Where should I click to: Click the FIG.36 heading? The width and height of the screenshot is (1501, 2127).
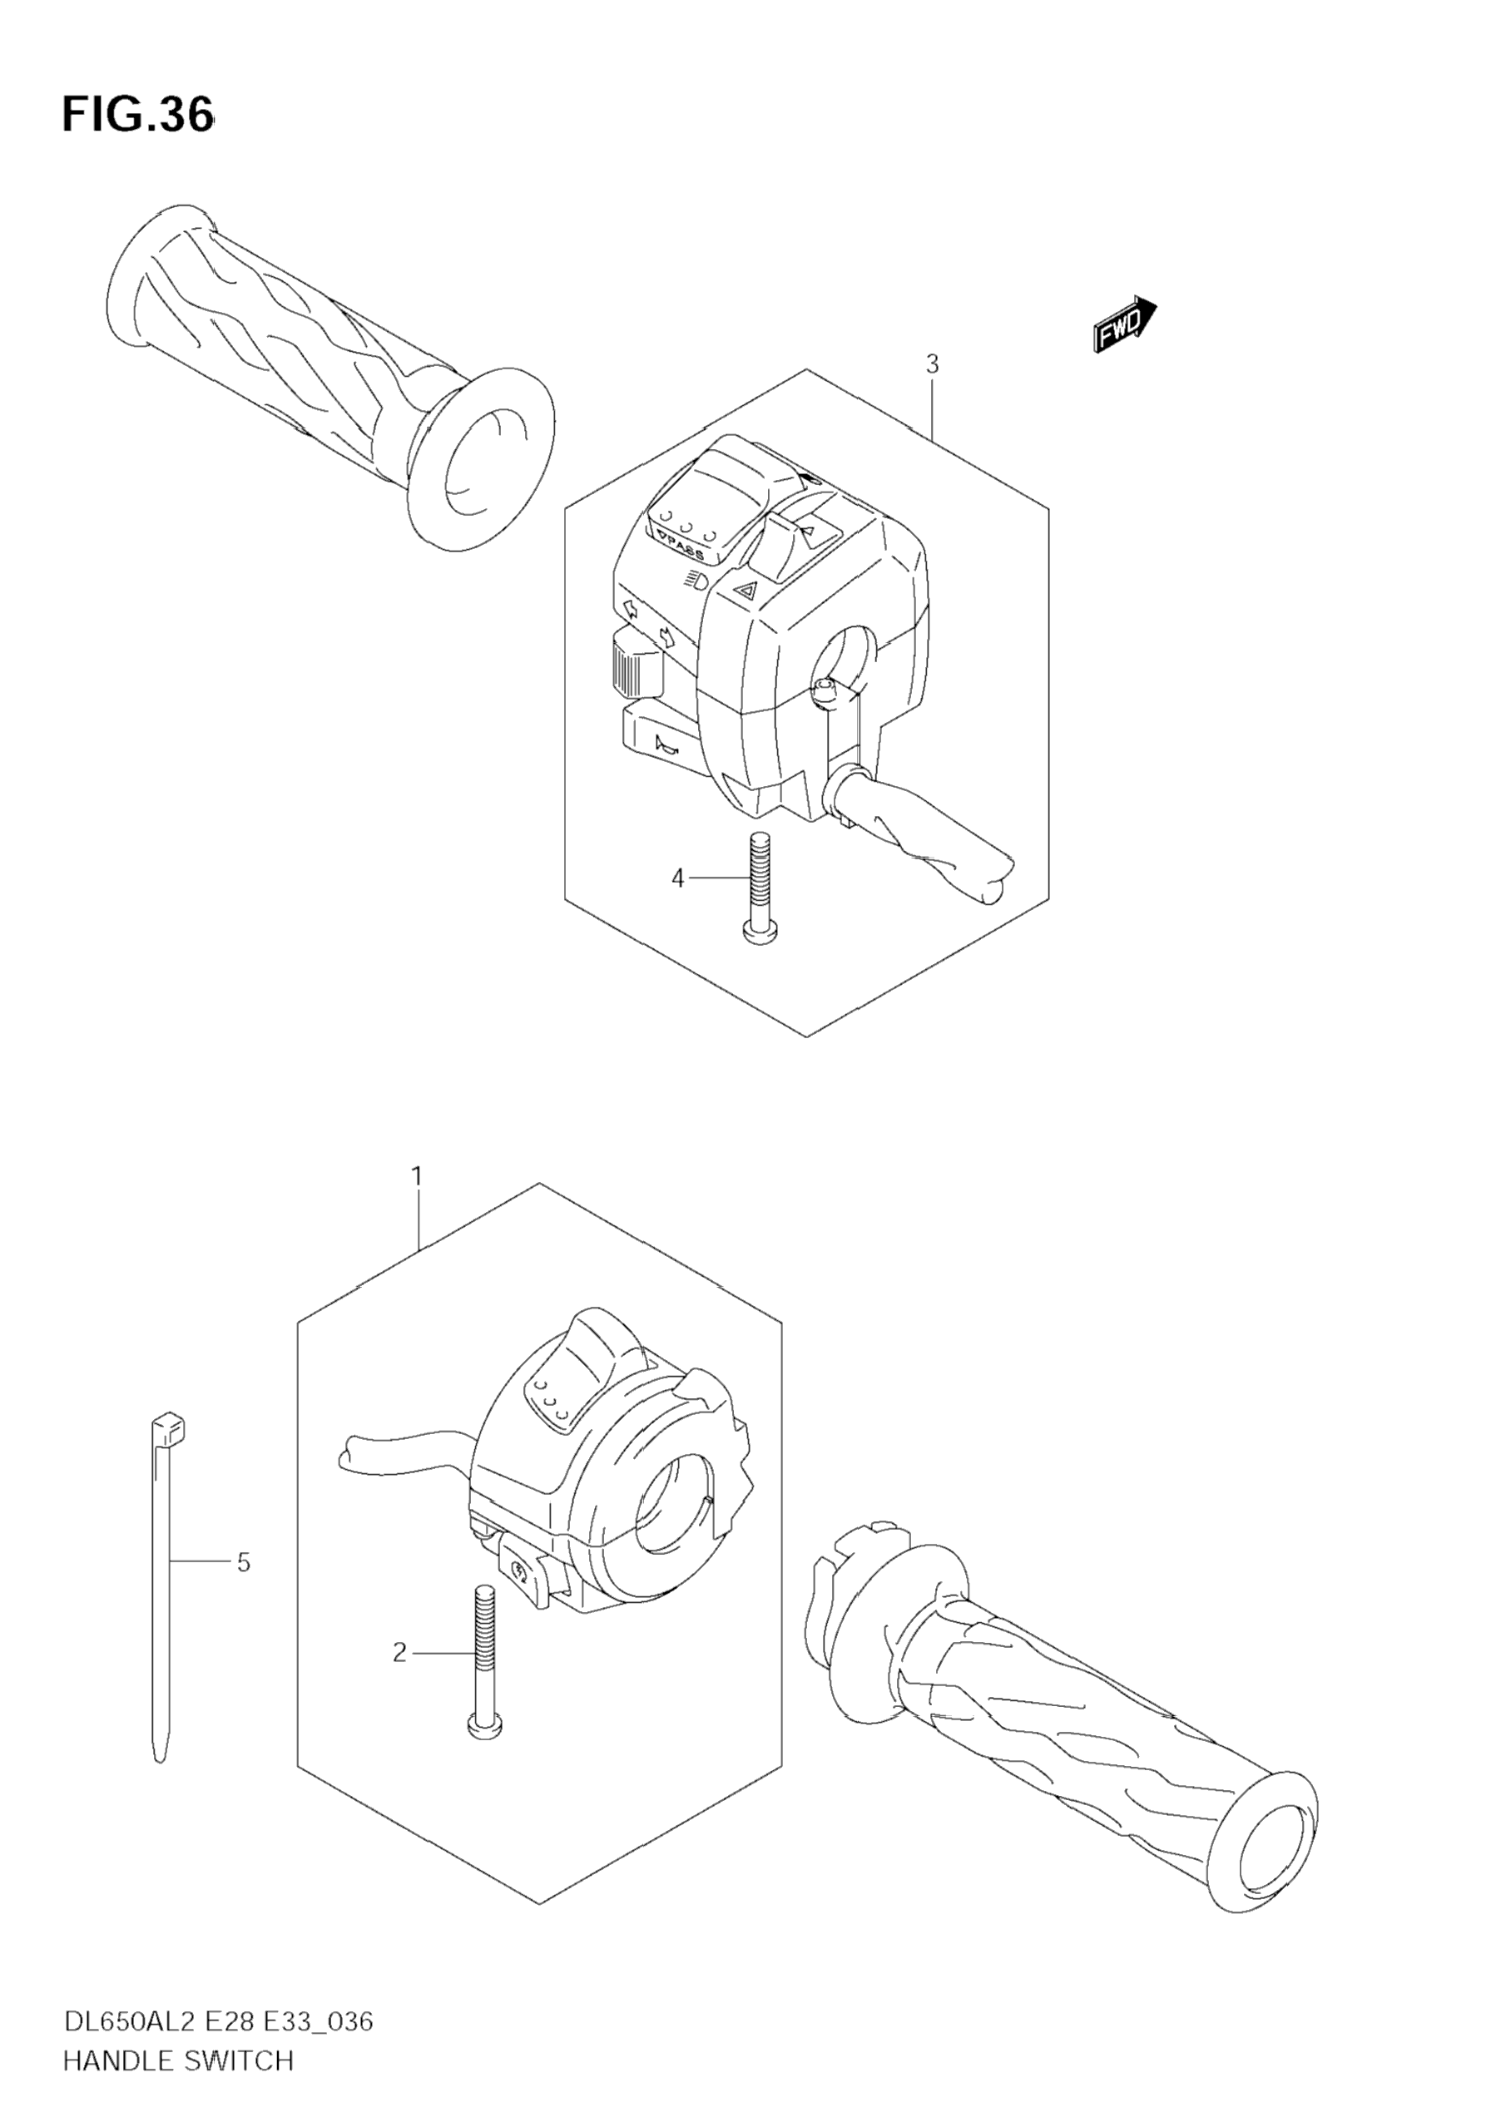pyautogui.click(x=138, y=115)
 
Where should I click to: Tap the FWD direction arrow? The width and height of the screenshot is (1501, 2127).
pyautogui.click(x=1124, y=325)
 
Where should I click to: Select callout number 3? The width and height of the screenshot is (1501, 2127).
pyautogui.click(x=932, y=364)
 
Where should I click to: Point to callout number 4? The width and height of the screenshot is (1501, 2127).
pyautogui.click(x=677, y=877)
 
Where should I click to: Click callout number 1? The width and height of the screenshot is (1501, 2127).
pyautogui.click(x=417, y=1176)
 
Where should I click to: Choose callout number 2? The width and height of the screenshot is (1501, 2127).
pyautogui.click(x=399, y=1653)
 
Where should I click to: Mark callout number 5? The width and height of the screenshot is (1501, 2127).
pyautogui.click(x=244, y=1563)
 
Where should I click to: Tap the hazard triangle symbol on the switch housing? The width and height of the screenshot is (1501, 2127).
pyautogui.click(x=744, y=587)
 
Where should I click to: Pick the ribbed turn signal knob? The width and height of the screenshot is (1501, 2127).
pyautogui.click(x=635, y=662)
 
